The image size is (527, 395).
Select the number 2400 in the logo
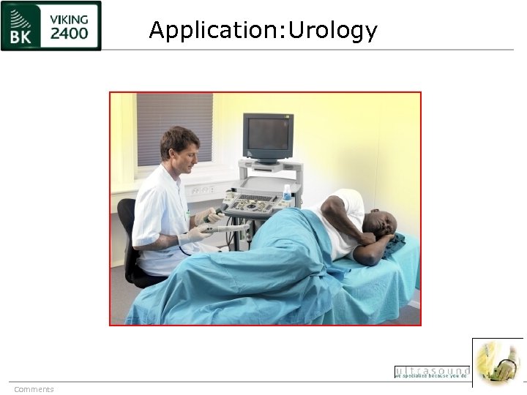point(70,33)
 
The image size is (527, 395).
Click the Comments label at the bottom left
point(34,389)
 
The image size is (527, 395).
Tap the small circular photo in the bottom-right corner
point(498,362)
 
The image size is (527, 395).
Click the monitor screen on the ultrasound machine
point(268,135)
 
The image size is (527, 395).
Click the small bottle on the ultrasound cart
point(288,193)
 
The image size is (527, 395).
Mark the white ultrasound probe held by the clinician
point(227,227)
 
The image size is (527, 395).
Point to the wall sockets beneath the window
point(201,189)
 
